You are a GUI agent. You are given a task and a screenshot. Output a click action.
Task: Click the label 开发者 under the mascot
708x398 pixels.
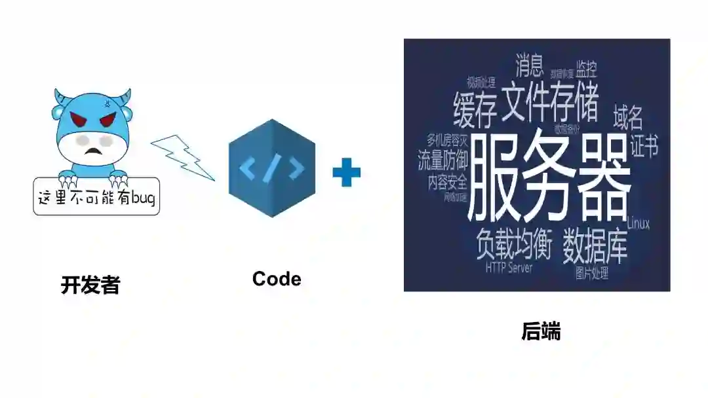coord(90,285)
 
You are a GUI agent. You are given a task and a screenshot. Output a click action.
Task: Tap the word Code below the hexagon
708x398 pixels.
coord(277,279)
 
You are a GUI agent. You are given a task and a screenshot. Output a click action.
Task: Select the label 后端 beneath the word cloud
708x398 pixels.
coord(541,332)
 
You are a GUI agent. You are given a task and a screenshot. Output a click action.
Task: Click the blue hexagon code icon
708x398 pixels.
coord(271,168)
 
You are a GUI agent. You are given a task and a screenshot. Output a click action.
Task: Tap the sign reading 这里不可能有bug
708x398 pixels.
coord(96,196)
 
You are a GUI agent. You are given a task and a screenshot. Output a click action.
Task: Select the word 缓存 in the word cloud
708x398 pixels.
coord(475,110)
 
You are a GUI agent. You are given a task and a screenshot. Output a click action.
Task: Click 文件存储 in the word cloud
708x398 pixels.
coord(549,101)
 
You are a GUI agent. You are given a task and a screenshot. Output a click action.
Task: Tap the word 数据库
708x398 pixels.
coord(595,245)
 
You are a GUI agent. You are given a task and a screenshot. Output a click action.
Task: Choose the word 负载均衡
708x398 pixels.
coord(515,244)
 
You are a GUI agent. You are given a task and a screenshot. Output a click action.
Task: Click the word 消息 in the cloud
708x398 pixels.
coord(529,65)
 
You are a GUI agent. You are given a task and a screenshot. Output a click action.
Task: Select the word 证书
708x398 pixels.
coord(644,145)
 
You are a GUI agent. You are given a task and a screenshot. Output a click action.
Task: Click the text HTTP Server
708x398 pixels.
coord(509,268)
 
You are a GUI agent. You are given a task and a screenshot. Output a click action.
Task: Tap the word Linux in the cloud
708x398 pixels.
coord(638,224)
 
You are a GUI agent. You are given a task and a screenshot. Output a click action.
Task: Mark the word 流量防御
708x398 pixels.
coord(442,159)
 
